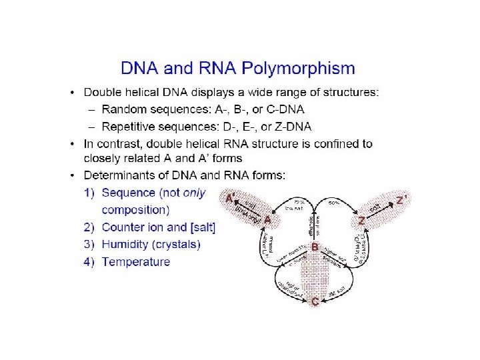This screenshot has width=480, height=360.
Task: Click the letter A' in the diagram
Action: [x=229, y=198]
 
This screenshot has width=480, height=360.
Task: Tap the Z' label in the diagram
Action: [x=401, y=199]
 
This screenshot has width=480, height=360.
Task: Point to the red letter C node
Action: [x=315, y=302]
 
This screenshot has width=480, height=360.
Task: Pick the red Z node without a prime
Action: [x=361, y=220]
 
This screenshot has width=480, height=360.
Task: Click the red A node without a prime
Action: [x=267, y=219]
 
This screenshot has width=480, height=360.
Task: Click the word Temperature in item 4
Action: [x=136, y=262]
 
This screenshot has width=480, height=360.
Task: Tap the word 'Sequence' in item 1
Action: [x=128, y=193]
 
